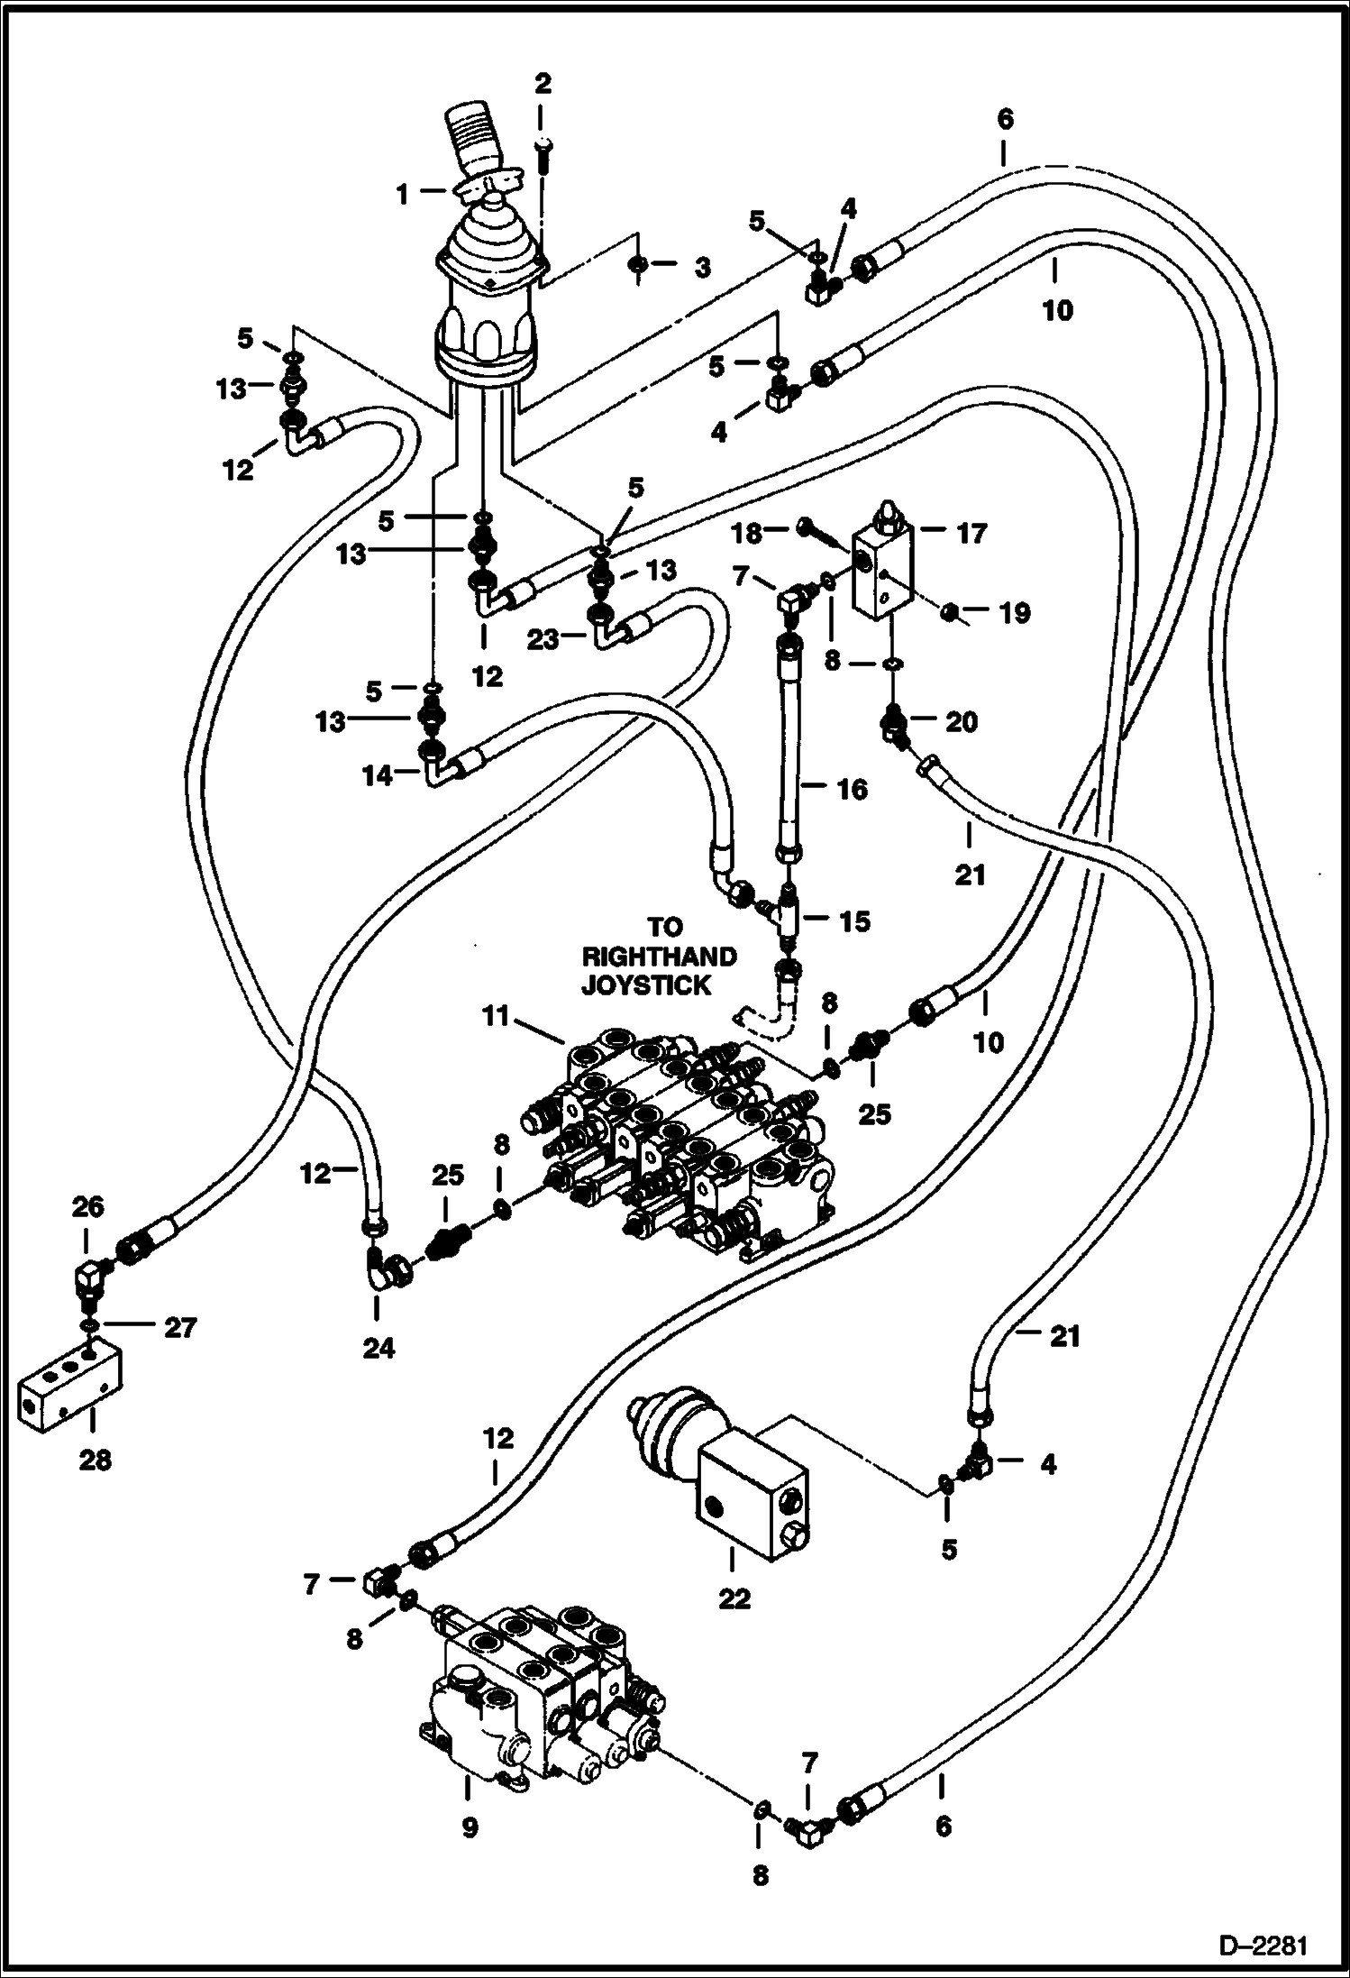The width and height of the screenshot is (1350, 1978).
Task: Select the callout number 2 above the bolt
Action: tap(542, 84)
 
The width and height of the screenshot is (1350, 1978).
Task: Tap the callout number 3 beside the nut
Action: tap(702, 267)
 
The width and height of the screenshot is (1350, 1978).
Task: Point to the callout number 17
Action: tap(971, 534)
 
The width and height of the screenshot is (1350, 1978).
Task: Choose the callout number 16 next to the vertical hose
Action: tap(852, 790)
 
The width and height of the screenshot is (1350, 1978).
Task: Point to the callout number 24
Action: tap(379, 1349)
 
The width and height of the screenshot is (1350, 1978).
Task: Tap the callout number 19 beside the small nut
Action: tap(1014, 613)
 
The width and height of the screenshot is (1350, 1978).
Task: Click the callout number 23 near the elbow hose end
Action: tap(543, 639)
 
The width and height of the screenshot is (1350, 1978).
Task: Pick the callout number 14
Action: tap(378, 775)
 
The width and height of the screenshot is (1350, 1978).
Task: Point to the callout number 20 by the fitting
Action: tap(961, 722)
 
